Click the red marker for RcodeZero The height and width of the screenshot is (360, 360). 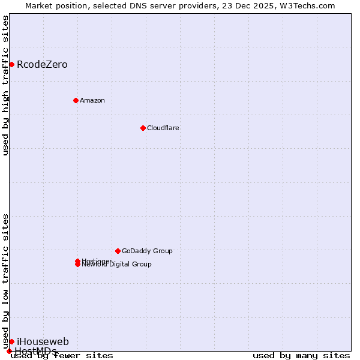pyautogui.click(x=11, y=64)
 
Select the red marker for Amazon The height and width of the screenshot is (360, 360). pyautogui.click(x=76, y=100)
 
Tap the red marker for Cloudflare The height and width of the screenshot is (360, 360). pyautogui.click(x=143, y=128)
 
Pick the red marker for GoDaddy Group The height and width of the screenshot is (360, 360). pyautogui.click(x=118, y=251)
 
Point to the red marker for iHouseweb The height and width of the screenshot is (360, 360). pyautogui.click(x=11, y=341)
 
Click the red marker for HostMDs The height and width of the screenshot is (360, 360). pyautogui.click(x=9, y=351)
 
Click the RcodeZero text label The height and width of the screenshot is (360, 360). pyautogui.click(x=42, y=64)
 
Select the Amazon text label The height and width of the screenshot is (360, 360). pyautogui.click(x=92, y=100)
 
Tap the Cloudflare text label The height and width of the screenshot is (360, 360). pyautogui.click(x=163, y=128)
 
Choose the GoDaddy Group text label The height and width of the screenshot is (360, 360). pyautogui.click(x=147, y=251)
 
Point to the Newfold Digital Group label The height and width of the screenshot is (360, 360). pyautogui.click(x=117, y=265)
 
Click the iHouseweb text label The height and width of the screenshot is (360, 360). pyautogui.click(x=43, y=341)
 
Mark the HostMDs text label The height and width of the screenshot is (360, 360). pyautogui.click(x=36, y=350)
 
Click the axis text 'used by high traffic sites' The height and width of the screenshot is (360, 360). pyautogui.click(x=5, y=86)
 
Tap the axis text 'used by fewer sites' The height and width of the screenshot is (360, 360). pyautogui.click(x=62, y=355)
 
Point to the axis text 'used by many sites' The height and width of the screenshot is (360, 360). pyautogui.click(x=301, y=355)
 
